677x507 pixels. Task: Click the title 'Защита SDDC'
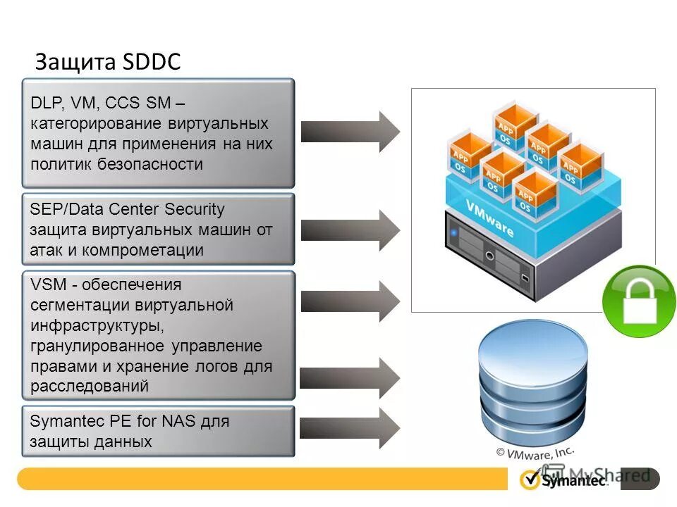tap(108, 62)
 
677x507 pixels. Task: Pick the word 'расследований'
tap(90, 386)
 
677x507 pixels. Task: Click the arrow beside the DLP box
tap(350, 131)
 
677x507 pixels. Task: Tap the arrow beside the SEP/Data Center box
tap(350, 230)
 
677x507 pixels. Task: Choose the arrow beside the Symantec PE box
tap(350, 427)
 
